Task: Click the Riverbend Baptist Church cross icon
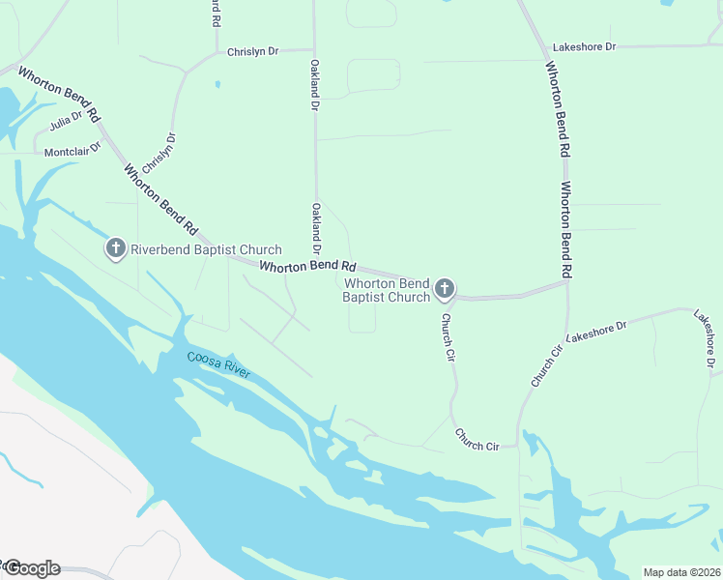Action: coord(115,249)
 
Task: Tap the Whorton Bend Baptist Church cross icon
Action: coord(445,288)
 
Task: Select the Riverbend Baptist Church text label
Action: coord(207,250)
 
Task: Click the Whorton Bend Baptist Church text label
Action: coord(387,290)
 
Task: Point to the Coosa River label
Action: coord(218,365)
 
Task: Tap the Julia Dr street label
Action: coord(66,123)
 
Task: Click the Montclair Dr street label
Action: coord(72,151)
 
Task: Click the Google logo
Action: coord(31,568)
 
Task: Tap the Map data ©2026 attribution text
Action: coord(680,572)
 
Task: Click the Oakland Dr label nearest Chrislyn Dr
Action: coord(314,85)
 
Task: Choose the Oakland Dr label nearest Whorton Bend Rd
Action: coord(316,228)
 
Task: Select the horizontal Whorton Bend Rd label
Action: coord(308,265)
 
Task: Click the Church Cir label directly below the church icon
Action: coord(448,337)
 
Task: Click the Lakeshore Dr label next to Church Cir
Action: coord(596,332)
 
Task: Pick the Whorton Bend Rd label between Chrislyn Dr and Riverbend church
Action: coord(160,200)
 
